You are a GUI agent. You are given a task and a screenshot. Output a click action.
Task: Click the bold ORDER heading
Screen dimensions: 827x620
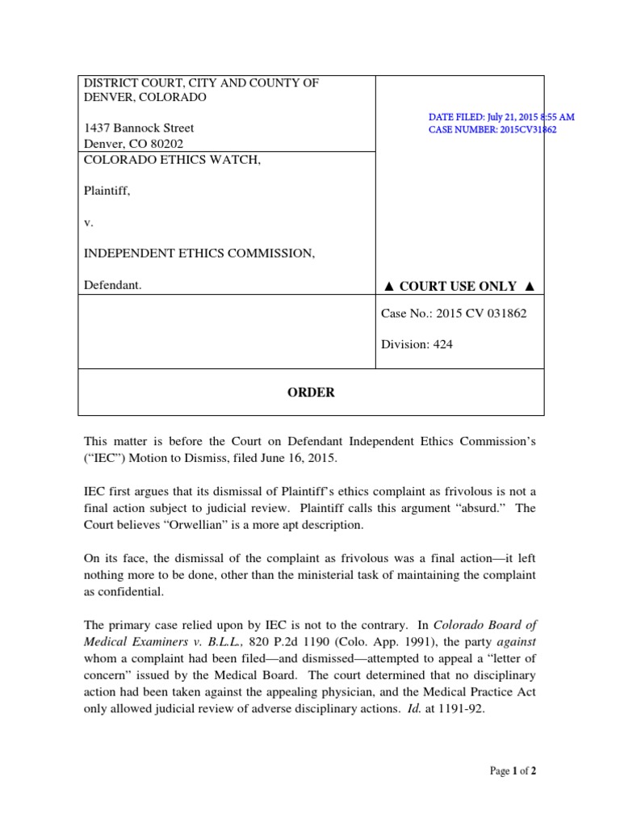coord(311,393)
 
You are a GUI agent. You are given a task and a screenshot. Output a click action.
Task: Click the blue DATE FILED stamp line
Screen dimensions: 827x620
coord(501,117)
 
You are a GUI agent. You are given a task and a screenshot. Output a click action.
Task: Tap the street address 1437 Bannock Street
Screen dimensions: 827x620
coord(140,128)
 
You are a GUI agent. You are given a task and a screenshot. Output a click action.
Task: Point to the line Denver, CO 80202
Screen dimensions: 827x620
coord(134,143)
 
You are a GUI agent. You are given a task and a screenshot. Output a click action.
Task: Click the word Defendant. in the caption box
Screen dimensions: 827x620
coord(113,284)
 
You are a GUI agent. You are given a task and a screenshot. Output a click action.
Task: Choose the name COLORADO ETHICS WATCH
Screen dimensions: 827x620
coord(174,160)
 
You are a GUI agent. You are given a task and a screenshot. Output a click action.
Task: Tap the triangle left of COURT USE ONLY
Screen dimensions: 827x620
coord(388,287)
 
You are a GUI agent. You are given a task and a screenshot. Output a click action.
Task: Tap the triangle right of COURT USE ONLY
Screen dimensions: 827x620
coord(529,287)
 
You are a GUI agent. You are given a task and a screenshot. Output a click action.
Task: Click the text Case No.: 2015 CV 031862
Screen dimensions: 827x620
coord(453,313)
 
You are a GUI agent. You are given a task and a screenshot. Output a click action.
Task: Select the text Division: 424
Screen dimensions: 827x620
coord(417,344)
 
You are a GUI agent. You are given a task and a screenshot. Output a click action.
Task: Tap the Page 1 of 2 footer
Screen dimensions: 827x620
coord(513,771)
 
